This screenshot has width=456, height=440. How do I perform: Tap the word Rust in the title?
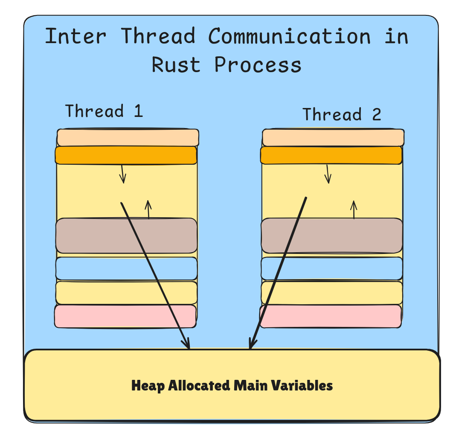coord(176,65)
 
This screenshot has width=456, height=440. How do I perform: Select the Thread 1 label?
coord(104,111)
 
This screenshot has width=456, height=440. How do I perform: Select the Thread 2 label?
coord(342,115)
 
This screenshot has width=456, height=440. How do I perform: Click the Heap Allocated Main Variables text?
coord(232,386)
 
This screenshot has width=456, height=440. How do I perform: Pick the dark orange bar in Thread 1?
coord(126,155)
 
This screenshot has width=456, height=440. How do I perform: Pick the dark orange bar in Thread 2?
coord(331,155)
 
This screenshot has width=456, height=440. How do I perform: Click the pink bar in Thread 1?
coord(125,316)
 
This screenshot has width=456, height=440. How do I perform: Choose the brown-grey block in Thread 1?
coord(94,236)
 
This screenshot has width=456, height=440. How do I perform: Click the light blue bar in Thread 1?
coord(94,268)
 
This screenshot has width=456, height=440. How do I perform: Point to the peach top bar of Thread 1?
coord(128,137)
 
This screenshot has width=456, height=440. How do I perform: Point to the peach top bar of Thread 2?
coord(333,137)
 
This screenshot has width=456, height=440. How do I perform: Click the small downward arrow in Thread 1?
coord(123,175)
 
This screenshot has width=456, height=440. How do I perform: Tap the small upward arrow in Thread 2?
coord(354,210)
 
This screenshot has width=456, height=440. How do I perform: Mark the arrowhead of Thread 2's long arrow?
coord(252,344)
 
